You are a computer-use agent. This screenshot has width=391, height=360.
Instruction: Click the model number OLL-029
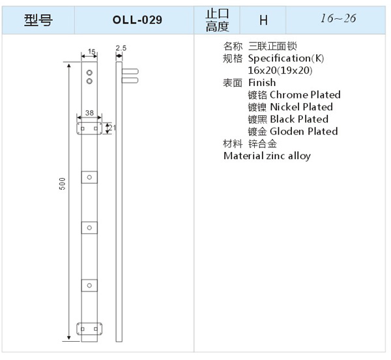pyautogui.click(x=137, y=20)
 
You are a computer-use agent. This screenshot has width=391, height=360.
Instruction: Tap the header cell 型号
pyautogui.click(x=38, y=20)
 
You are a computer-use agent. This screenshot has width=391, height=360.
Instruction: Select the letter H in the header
pyautogui.click(x=263, y=20)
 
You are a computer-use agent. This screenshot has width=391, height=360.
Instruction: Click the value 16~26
pyautogui.click(x=338, y=18)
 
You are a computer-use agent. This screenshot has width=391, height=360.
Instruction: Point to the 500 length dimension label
pyautogui.click(x=62, y=184)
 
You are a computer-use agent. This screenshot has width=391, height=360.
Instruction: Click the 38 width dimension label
pyautogui.click(x=89, y=113)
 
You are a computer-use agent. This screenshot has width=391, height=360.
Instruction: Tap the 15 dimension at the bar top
pyautogui.click(x=92, y=52)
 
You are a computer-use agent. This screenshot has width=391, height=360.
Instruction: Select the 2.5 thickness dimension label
pyautogui.click(x=121, y=48)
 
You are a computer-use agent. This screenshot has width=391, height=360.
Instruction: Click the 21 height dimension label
pyautogui.click(x=113, y=128)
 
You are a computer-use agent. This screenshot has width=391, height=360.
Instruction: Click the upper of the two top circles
pyautogui.click(x=89, y=72)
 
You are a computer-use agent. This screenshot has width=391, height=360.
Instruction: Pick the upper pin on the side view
pyautogui.click(x=130, y=71)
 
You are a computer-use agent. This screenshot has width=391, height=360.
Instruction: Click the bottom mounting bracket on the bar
pyautogui.click(x=89, y=329)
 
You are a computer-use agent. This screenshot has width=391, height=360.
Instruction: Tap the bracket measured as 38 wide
pyautogui.click(x=89, y=128)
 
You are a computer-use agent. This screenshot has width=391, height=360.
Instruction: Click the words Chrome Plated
pyautogui.click(x=305, y=95)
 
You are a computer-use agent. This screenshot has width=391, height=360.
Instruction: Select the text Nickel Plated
pyautogui.click(x=302, y=107)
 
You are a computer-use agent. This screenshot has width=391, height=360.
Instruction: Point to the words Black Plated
pyautogui.click(x=299, y=119)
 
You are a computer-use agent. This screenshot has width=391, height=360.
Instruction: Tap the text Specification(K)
pyautogui.click(x=286, y=59)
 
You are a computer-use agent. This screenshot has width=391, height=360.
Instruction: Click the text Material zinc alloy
pyautogui.click(x=267, y=156)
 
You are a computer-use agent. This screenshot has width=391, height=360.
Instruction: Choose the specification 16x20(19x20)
pyautogui.click(x=280, y=70)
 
